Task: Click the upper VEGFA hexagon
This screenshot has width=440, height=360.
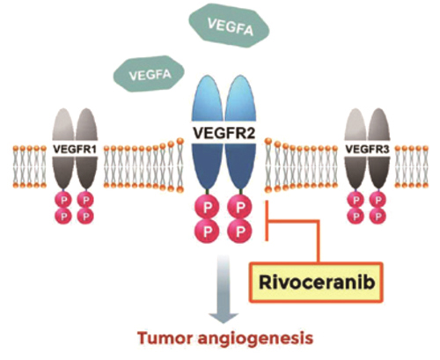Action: click(229, 26)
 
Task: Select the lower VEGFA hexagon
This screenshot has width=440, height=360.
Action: click(149, 74)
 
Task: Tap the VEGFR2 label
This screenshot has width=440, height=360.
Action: click(224, 133)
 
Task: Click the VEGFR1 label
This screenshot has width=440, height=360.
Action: click(75, 150)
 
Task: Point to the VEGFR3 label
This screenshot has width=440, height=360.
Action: click(367, 150)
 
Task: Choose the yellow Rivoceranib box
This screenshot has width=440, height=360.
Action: click(316, 283)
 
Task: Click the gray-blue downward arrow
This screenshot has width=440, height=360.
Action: click(224, 289)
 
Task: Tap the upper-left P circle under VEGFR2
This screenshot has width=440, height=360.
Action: click(208, 208)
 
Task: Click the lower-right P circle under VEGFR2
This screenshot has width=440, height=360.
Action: click(240, 231)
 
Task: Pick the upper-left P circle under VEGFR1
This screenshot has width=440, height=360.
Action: click(63, 200)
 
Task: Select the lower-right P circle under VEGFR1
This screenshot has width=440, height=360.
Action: click(86, 217)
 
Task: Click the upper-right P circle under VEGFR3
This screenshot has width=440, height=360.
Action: click(378, 200)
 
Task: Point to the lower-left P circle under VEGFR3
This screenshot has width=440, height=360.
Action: click(356, 217)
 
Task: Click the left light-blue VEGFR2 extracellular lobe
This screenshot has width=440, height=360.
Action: click(208, 100)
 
